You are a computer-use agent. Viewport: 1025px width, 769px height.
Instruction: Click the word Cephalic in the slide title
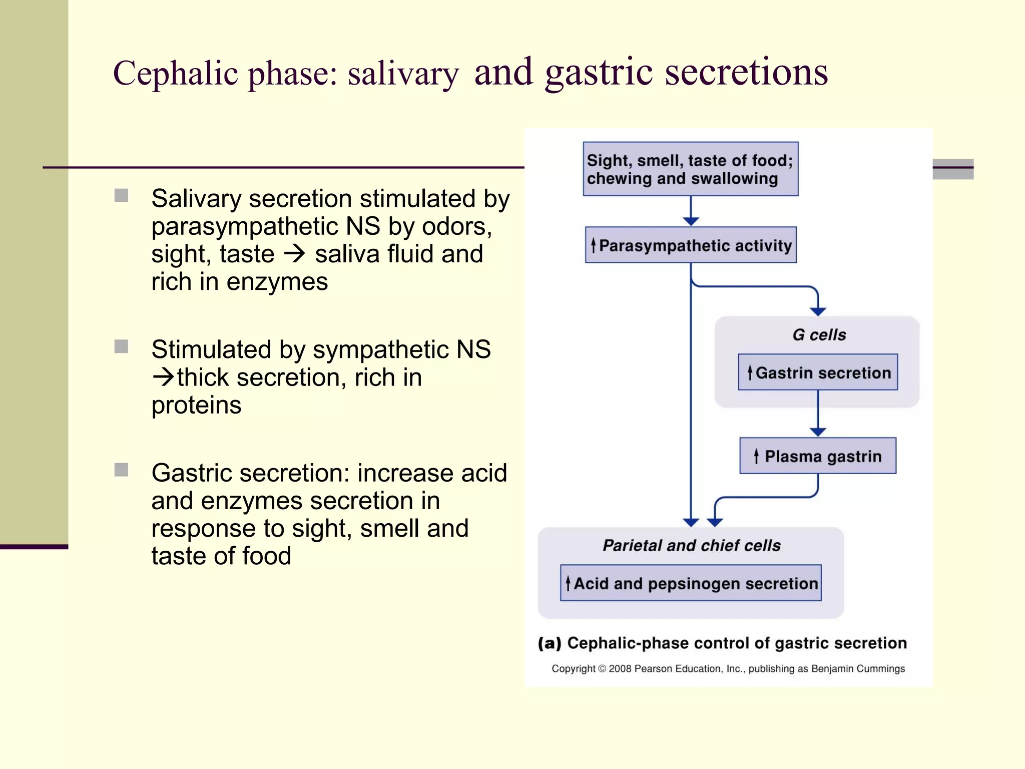pyautogui.click(x=175, y=74)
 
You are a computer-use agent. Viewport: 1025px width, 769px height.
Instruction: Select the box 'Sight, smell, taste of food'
pyautogui.click(x=690, y=169)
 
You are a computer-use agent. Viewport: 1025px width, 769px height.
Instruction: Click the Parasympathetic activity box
pyautogui.click(x=691, y=245)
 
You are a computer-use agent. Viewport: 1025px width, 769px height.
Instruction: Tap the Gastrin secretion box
pyautogui.click(x=818, y=372)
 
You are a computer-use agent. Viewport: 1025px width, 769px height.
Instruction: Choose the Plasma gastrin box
pyautogui.click(x=818, y=456)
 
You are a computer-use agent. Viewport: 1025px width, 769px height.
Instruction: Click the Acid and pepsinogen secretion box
pyautogui.click(x=691, y=583)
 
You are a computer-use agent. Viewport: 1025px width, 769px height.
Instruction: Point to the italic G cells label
pyautogui.click(x=819, y=334)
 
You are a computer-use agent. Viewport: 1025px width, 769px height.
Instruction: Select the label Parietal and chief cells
pyautogui.click(x=691, y=545)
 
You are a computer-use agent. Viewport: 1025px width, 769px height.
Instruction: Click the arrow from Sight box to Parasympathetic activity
pyautogui.click(x=691, y=210)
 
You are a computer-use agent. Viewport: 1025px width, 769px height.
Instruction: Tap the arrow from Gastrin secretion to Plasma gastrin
pyautogui.click(x=818, y=413)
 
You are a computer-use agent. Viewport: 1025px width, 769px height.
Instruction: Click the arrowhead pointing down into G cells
pyautogui.click(x=818, y=311)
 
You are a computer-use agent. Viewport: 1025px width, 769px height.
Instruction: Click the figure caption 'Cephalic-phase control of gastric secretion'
pyautogui.click(x=736, y=643)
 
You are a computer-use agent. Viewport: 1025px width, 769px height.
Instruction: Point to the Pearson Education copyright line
pyautogui.click(x=728, y=669)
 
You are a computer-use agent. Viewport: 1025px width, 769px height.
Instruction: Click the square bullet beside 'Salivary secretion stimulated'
pyautogui.click(x=121, y=195)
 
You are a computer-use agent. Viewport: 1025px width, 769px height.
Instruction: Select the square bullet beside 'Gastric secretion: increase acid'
pyautogui.click(x=121, y=470)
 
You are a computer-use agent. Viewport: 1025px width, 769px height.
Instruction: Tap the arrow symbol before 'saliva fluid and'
pyautogui.click(x=294, y=254)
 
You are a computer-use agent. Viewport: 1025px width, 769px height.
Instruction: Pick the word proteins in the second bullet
pyautogui.click(x=196, y=405)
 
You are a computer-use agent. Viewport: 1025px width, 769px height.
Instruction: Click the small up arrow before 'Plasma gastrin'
pyautogui.click(x=756, y=456)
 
